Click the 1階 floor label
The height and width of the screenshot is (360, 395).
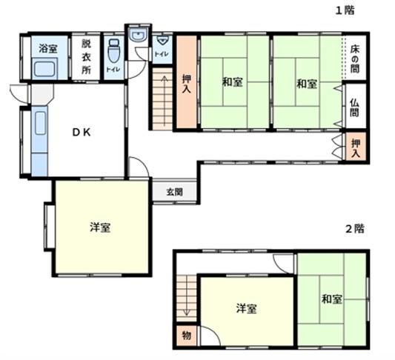click(x=345, y=10)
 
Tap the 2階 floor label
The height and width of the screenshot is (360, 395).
click(x=355, y=229)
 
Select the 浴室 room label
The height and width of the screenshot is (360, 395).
click(x=48, y=48)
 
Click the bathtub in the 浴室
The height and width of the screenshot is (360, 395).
click(x=44, y=69)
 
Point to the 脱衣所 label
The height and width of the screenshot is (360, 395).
click(x=86, y=57)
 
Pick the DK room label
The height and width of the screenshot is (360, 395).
click(x=82, y=133)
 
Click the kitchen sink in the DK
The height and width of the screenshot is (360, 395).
click(x=40, y=124)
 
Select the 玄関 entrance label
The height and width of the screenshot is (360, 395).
click(x=175, y=193)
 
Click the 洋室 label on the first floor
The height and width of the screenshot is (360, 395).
click(x=100, y=227)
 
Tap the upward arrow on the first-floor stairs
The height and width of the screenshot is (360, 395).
click(x=165, y=101)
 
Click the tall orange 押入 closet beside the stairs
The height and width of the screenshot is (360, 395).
click(x=187, y=81)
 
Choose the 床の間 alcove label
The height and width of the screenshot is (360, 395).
click(x=355, y=59)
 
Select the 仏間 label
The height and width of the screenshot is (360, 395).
click(x=355, y=107)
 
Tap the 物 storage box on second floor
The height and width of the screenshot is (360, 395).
click(x=187, y=336)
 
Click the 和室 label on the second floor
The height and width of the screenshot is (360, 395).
click(x=332, y=299)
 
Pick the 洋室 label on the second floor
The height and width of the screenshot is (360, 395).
click(x=247, y=308)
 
